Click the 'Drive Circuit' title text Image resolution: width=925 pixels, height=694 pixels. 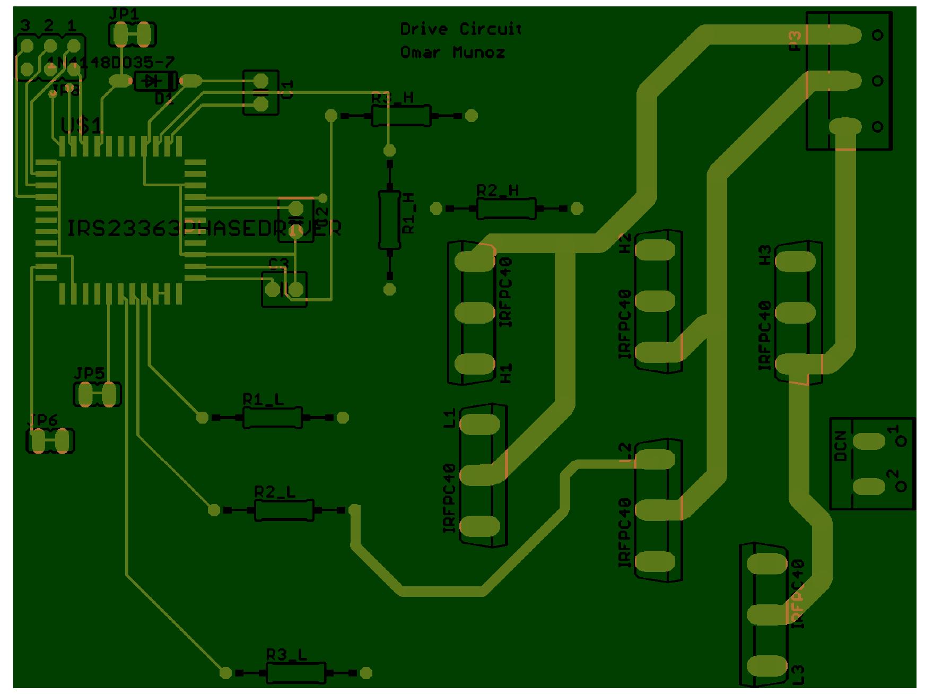(460, 29)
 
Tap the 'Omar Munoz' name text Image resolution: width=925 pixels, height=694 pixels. (452, 53)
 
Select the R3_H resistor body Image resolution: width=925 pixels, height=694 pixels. (400, 115)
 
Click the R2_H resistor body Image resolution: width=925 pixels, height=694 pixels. (506, 209)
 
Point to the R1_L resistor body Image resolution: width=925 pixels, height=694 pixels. (272, 418)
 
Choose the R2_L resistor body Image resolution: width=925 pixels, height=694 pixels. (284, 510)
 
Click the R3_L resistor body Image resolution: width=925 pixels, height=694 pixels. (295, 673)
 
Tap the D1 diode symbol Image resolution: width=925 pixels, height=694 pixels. (154, 81)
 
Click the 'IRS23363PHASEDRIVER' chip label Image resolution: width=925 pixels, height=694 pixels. (204, 228)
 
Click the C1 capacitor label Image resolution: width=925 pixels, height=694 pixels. (287, 90)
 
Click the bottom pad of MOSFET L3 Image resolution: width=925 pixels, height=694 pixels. (767, 664)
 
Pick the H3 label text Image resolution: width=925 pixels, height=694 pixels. (764, 255)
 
